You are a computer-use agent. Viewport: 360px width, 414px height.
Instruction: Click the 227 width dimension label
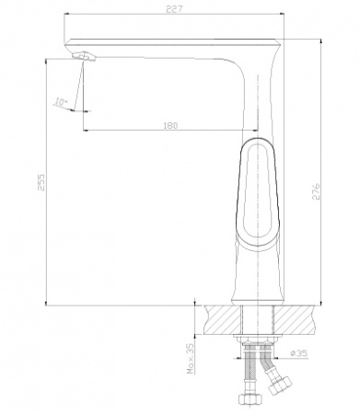pos(174,9)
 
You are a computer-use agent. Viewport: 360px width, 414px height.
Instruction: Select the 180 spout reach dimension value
pos(170,125)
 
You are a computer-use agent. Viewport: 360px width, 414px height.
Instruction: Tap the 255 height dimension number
pos(41,182)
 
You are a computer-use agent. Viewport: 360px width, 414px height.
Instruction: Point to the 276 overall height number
pos(316,191)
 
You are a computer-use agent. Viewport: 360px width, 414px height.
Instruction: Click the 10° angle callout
pos(61,101)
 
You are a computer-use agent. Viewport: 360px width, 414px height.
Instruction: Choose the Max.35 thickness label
pos(191,358)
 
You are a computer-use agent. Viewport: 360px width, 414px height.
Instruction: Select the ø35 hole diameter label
pos(298,353)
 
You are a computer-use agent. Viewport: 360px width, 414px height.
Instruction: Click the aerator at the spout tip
pos(84,56)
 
